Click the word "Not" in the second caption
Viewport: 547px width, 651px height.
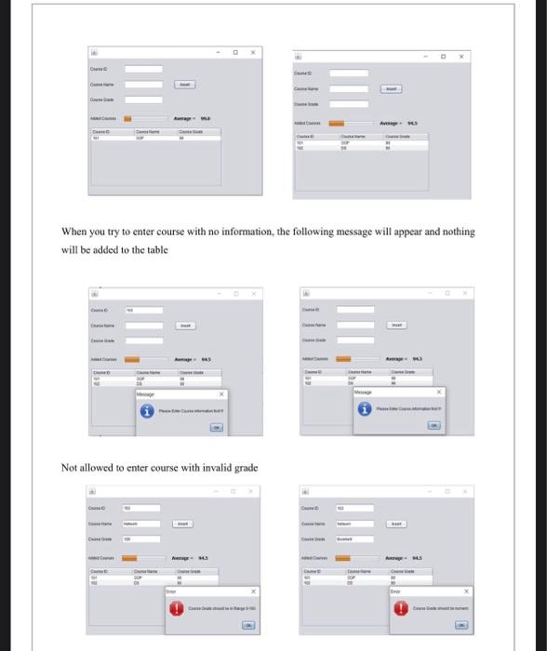click(71, 467)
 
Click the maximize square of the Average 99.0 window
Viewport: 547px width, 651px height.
click(236, 53)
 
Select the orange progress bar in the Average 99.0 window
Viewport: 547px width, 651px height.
click(129, 119)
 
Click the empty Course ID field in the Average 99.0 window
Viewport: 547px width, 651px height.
click(143, 69)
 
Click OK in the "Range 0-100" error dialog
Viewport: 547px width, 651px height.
click(248, 627)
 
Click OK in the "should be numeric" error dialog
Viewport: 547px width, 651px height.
click(461, 626)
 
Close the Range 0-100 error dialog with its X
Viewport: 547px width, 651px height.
click(253, 591)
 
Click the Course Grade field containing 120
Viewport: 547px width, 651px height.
click(143, 539)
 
